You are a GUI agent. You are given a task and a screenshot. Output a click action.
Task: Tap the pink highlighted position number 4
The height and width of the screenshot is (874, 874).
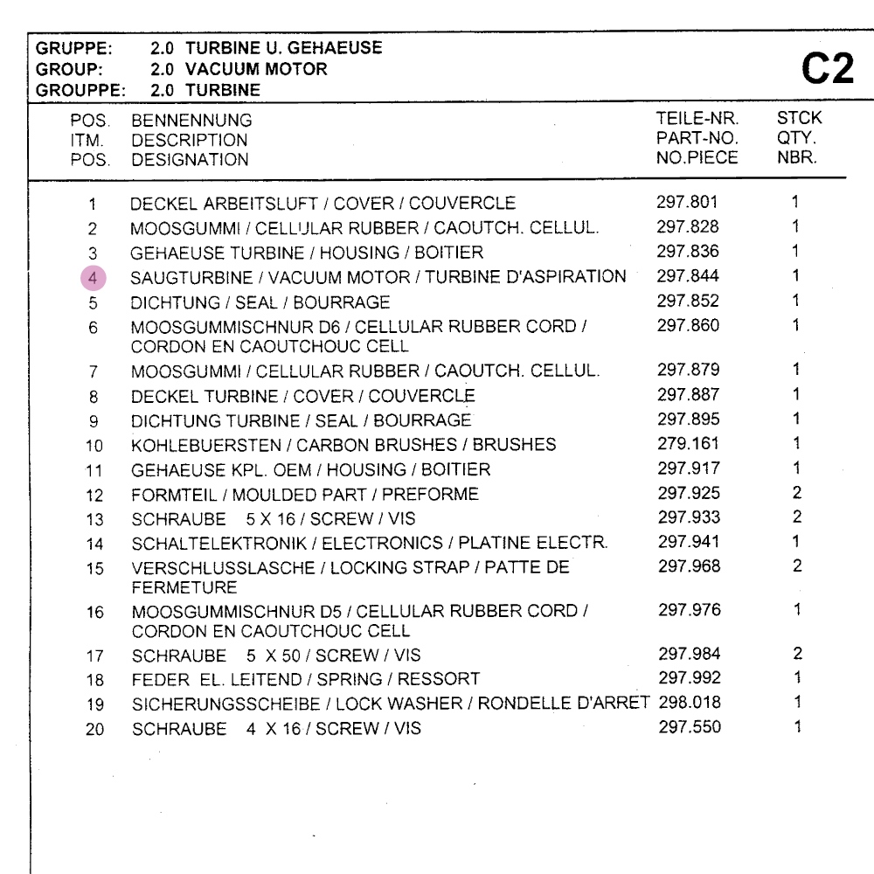(93, 278)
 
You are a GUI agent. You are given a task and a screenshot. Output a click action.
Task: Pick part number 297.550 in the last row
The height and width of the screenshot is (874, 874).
(690, 727)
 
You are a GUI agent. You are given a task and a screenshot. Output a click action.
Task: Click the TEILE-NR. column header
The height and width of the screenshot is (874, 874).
(697, 118)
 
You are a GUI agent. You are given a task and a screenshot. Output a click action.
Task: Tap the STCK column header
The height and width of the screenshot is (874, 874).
(799, 118)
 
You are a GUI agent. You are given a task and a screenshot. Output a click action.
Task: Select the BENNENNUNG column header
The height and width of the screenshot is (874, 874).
(191, 121)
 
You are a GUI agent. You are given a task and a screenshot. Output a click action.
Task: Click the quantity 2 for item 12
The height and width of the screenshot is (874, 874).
(796, 494)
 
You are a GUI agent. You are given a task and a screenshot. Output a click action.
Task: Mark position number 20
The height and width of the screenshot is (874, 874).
(94, 729)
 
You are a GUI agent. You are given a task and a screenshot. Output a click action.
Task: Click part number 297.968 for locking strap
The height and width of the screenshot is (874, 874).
(690, 566)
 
